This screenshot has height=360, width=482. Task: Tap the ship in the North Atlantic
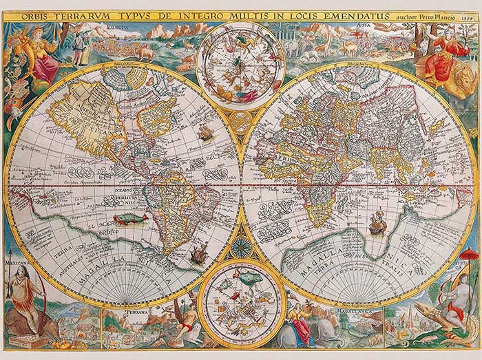tap(207, 130)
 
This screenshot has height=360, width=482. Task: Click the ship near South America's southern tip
tap(196, 255)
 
